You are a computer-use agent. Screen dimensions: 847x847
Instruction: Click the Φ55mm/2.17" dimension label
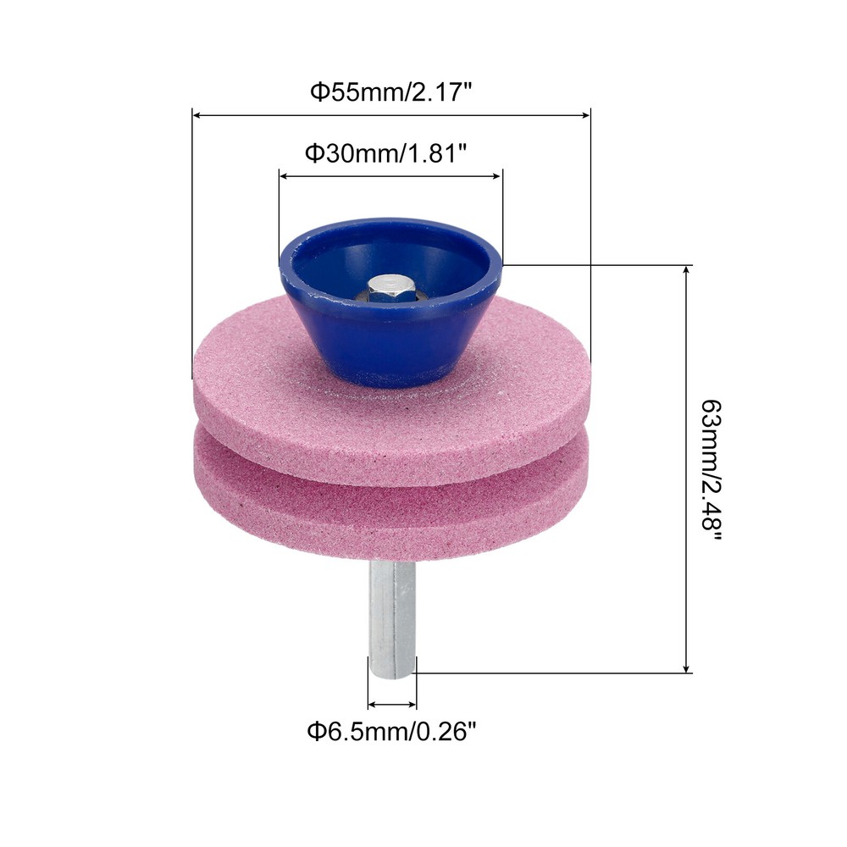(391, 91)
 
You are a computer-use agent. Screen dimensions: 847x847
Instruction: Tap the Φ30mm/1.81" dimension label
(385, 153)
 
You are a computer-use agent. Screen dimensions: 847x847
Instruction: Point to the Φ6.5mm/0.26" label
(391, 733)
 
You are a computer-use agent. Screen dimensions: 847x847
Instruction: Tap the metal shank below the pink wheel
(391, 617)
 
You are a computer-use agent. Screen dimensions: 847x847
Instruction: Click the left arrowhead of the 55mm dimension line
(197, 115)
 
